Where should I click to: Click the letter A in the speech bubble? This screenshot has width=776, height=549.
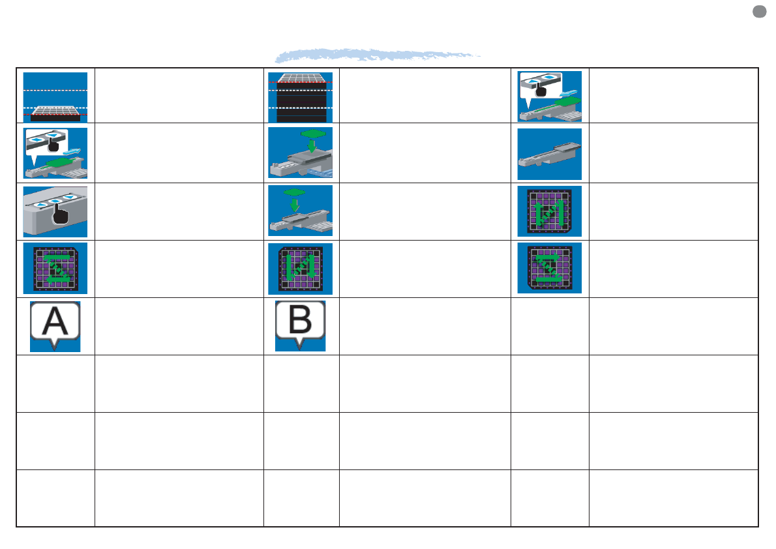tap(55, 321)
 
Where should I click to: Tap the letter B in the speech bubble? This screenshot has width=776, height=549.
tap(299, 321)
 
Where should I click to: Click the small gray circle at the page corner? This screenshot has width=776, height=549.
tap(758, 11)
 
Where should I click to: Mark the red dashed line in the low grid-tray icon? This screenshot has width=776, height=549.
tap(55, 115)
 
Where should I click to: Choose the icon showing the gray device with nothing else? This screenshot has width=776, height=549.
tap(549, 154)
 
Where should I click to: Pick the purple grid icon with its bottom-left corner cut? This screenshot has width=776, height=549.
tap(549, 269)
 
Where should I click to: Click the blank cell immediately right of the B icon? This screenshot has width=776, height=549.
tap(425, 326)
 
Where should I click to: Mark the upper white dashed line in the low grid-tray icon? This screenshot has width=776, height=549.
tap(55, 90)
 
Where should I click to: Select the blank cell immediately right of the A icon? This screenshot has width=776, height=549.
tap(179, 326)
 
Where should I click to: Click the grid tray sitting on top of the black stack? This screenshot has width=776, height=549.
tap(301, 79)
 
